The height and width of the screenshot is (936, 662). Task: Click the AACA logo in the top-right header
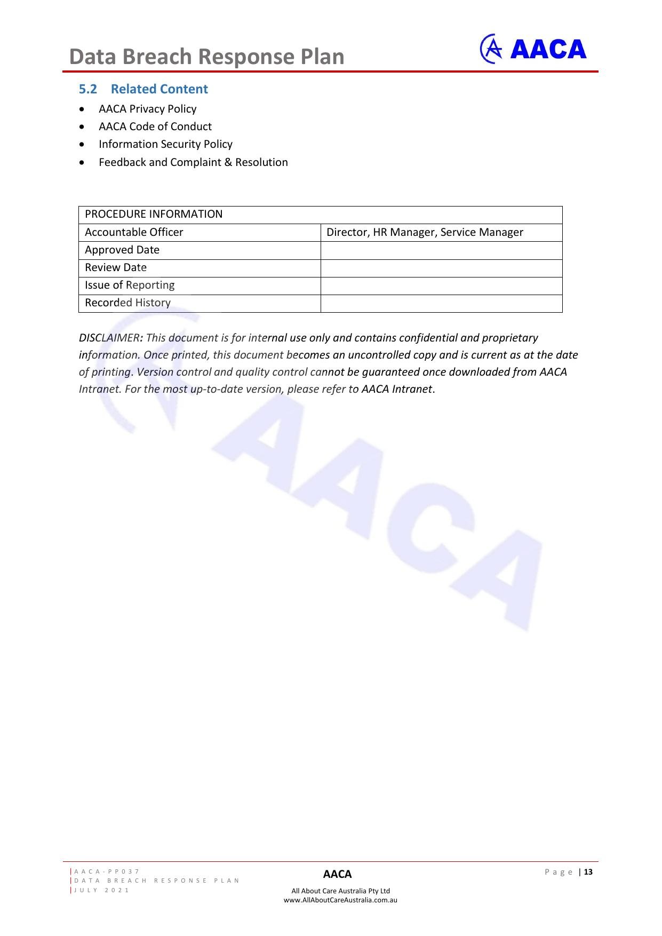[x=533, y=49]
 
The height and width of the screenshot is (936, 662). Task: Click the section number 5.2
[x=88, y=89]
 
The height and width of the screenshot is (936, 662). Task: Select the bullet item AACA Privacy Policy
[x=147, y=109]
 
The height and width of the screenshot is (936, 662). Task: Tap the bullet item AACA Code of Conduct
[x=155, y=126]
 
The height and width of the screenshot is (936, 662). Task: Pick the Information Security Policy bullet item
[x=165, y=144]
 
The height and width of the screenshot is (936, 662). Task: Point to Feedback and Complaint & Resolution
[x=193, y=162]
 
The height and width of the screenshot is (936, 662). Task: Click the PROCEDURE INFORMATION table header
[x=154, y=214]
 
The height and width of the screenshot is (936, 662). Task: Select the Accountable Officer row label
[x=134, y=232]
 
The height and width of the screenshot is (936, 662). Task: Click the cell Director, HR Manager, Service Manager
[x=425, y=232]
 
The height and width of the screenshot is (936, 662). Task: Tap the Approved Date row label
[x=122, y=250]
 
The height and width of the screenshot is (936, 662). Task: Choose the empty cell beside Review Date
[x=441, y=268]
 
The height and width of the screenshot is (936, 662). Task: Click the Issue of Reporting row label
[x=130, y=285]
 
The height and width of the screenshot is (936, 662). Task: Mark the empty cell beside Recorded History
[x=441, y=303]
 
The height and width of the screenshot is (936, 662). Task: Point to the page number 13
[x=588, y=872]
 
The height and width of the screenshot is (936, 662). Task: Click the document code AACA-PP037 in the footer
[x=107, y=871]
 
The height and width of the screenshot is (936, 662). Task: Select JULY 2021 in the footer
[x=102, y=890]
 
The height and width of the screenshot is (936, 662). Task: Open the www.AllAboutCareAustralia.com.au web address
[x=340, y=900]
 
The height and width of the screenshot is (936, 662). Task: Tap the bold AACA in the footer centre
[x=337, y=874]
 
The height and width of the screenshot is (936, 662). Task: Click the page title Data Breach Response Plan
[x=207, y=57]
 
